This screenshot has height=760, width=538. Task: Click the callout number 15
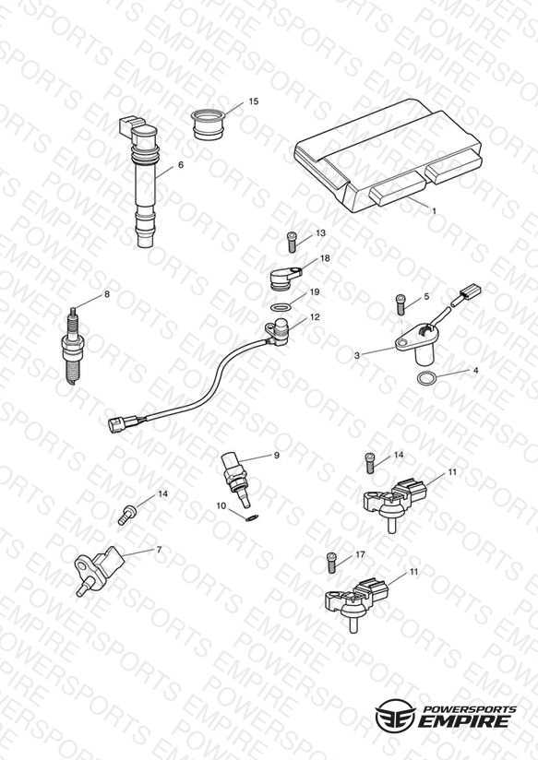(x=253, y=101)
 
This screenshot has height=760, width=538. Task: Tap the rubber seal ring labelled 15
(x=209, y=125)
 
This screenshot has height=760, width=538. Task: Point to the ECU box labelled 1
(x=388, y=155)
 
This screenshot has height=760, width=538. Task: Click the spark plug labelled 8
(x=73, y=346)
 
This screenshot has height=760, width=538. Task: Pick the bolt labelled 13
(x=292, y=242)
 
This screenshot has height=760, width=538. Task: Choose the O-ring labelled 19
(x=281, y=308)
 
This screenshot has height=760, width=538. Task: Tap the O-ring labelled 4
(x=426, y=377)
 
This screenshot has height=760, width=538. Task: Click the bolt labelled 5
(x=401, y=305)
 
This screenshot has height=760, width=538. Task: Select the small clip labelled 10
(x=252, y=517)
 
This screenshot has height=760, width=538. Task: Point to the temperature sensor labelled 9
(x=236, y=479)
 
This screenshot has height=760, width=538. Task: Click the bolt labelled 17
(x=332, y=563)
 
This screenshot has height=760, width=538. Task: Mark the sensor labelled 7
(x=99, y=571)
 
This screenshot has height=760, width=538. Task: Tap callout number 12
(x=315, y=317)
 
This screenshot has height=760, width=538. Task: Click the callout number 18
(x=325, y=258)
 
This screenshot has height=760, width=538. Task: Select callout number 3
(x=357, y=355)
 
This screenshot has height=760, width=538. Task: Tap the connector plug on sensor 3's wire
(x=470, y=291)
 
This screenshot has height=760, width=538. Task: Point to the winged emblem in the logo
(x=395, y=716)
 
